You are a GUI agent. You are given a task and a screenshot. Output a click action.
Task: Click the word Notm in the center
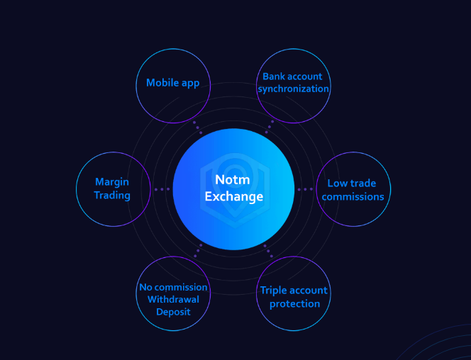pos(233,181)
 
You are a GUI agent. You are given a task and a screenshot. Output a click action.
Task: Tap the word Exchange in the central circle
pos(233,196)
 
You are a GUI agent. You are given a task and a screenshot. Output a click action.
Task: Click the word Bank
pos(273,77)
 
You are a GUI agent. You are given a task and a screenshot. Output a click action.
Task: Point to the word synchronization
pos(293,89)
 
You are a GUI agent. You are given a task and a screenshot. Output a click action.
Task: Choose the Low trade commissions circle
pos(353,189)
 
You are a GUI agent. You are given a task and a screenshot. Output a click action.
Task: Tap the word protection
pos(294,304)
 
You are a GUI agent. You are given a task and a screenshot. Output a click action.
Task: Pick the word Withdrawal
pos(173,299)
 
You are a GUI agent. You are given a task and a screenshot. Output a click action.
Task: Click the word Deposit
pos(173,311)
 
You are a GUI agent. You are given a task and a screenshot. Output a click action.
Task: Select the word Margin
pos(112,182)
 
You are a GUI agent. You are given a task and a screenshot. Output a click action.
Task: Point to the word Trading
pos(112,195)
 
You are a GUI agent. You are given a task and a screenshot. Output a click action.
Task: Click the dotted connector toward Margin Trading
pos(162,189)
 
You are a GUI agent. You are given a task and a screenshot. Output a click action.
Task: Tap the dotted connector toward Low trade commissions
pos(305,189)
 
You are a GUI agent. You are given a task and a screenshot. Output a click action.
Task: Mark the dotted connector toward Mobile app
pos(198,127)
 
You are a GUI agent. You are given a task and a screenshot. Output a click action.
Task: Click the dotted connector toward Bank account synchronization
pos(269,127)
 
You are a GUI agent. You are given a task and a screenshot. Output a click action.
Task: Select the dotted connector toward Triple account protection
pos(269,250)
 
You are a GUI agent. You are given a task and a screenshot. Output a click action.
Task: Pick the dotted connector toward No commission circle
pos(198,250)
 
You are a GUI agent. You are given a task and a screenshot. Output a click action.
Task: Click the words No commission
pos(173,287)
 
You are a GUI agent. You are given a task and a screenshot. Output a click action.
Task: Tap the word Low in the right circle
pos(337,183)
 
